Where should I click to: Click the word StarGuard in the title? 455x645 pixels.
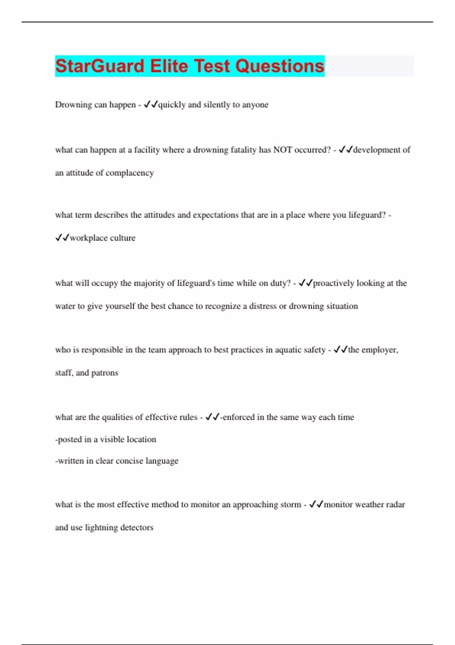click(100, 66)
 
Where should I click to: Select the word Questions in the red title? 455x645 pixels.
click(279, 66)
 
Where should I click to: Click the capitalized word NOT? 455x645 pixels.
click(282, 150)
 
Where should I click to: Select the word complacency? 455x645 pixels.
click(130, 173)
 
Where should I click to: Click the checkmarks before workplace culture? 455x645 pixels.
click(62, 238)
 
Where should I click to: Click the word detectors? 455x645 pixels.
click(137, 527)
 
